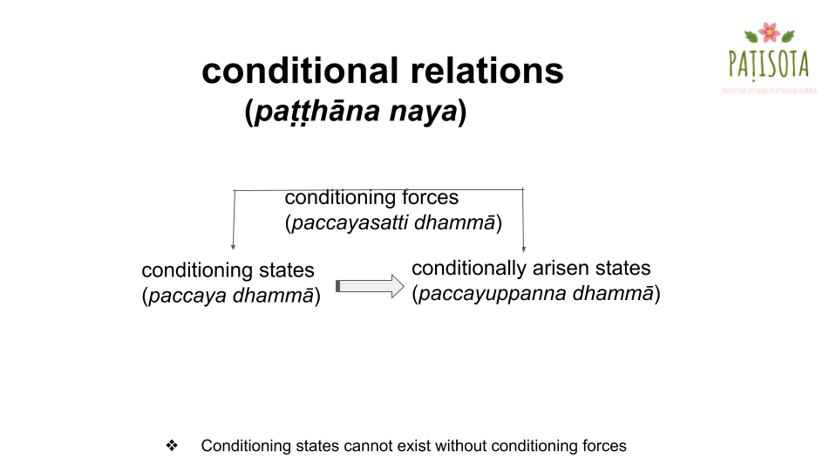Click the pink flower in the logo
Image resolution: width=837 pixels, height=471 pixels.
(x=769, y=33)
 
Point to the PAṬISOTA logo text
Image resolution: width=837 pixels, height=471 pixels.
(x=768, y=64)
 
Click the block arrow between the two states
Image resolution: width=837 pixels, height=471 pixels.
(x=371, y=285)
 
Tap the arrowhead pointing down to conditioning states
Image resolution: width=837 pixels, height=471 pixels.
(x=233, y=248)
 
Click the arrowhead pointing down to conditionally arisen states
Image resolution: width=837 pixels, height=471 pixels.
(x=523, y=249)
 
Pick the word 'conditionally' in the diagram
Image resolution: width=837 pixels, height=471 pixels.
(x=469, y=269)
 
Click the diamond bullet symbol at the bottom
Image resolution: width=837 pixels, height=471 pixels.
(x=172, y=446)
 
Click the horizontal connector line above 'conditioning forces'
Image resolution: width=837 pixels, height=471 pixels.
(x=262, y=189)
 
